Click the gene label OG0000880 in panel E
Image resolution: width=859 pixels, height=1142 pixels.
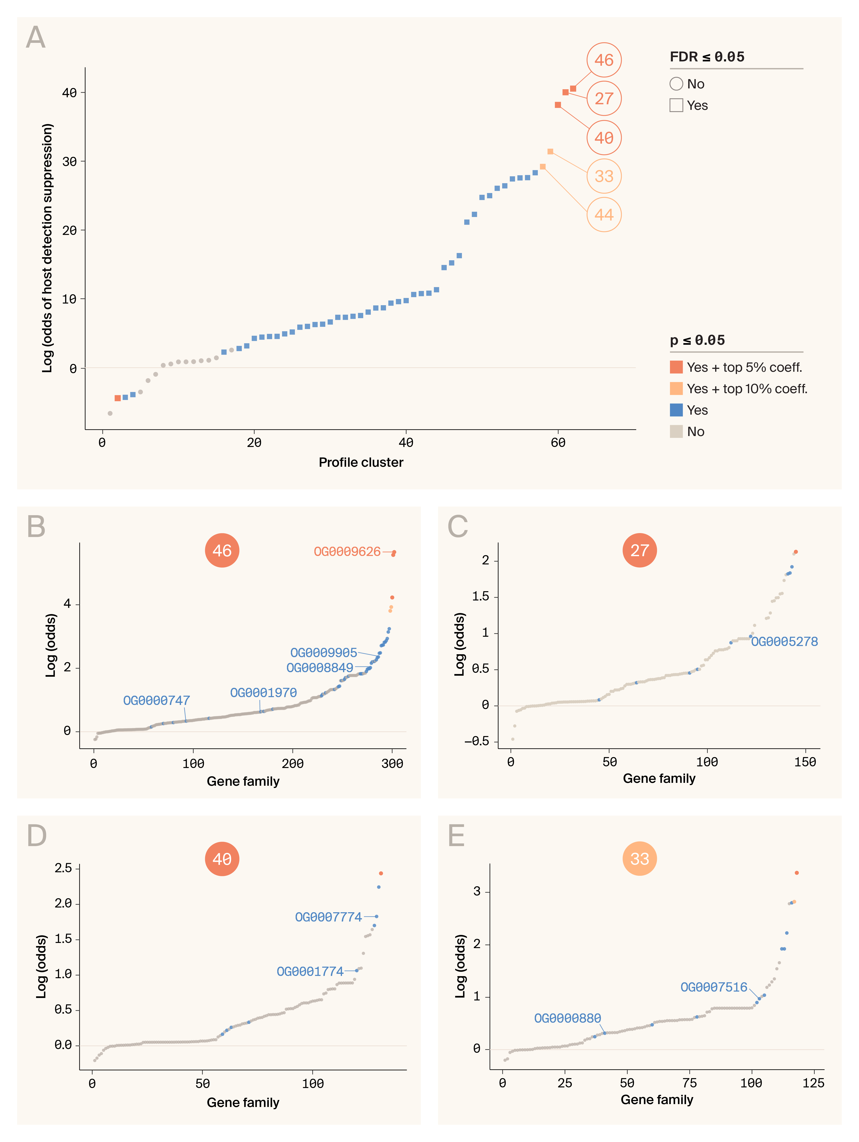tap(567, 1018)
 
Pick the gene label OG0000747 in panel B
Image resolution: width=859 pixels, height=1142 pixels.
tap(156, 701)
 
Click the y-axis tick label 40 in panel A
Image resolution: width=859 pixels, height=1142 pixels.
tap(69, 93)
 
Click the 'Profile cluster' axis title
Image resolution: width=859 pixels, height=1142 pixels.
tap(361, 463)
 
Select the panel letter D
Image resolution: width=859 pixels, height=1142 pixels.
tap(37, 836)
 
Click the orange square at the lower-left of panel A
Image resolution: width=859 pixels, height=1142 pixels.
tap(118, 398)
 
